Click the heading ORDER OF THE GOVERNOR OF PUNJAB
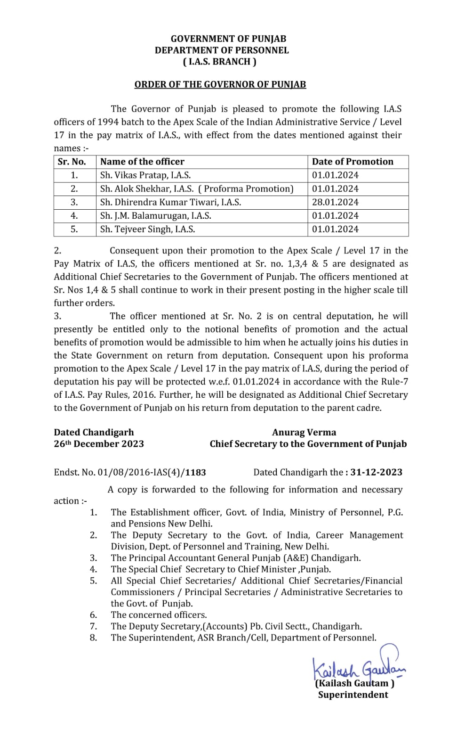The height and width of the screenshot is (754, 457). pos(220,84)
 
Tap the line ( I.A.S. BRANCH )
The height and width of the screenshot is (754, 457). pos(219,62)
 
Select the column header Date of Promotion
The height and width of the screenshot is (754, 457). pos(353,162)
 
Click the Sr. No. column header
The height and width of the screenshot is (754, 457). pos(72,162)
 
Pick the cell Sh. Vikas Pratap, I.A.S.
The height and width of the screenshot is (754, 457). pos(145,175)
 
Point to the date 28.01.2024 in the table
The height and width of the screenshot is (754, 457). pos(335,202)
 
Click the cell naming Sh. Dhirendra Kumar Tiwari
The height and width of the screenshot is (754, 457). pos(170,202)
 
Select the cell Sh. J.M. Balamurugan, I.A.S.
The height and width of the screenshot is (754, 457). pos(155,216)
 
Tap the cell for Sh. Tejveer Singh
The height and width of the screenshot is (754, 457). pos(147,229)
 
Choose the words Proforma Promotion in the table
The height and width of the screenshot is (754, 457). pos(248,189)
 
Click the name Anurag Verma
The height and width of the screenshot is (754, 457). pos(304,433)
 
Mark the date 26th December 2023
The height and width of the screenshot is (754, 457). pos(99,444)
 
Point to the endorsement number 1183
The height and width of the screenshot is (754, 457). pos(195,472)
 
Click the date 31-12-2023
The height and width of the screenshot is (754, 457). pos(376,472)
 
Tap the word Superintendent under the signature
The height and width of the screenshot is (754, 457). pos(353,695)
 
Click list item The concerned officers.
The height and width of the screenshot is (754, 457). pos(159,615)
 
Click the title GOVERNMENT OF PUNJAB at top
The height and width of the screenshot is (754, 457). pos(228,39)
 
